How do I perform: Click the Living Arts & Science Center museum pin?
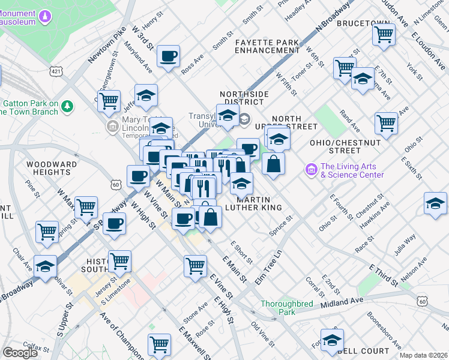(x=310, y=170)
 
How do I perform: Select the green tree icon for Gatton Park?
(x=68, y=107)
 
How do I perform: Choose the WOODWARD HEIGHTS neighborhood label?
(x=51, y=168)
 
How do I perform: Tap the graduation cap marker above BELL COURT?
(x=332, y=340)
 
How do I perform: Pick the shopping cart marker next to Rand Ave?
(x=386, y=123)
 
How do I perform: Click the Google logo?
(x=20, y=352)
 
